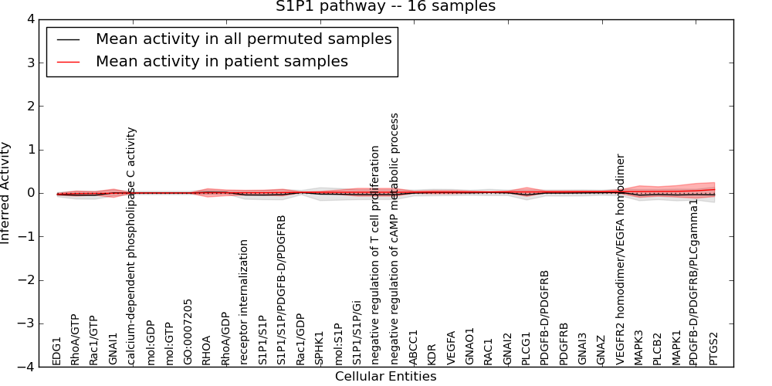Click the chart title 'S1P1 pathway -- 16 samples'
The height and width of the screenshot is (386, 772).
(385, 7)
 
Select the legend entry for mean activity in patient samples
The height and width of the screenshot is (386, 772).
(222, 61)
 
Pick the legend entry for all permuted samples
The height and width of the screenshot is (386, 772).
(243, 39)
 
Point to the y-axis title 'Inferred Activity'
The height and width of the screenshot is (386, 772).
(6, 193)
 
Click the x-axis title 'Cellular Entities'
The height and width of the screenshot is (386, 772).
(385, 377)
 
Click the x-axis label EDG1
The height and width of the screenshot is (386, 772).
(56, 351)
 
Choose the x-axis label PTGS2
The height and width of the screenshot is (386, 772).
(714, 349)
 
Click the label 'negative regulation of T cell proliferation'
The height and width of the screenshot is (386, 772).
(376, 256)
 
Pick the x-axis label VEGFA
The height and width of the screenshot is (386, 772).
(451, 349)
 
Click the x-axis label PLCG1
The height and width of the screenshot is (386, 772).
(527, 349)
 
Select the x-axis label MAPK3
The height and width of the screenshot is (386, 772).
(639, 348)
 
